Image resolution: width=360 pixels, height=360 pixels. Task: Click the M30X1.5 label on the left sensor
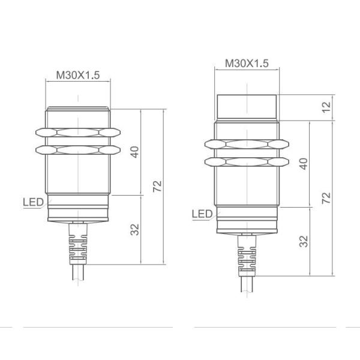tap(77, 75)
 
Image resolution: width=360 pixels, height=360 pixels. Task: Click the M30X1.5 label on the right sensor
tap(246, 62)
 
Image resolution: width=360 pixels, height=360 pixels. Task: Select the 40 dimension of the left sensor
tap(135, 152)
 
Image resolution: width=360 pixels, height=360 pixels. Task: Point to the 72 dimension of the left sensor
tap(157, 186)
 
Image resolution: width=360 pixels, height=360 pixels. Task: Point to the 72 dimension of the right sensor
tap(326, 198)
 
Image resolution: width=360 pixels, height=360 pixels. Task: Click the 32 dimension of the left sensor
tap(135, 229)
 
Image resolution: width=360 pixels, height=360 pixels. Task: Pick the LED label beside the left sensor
tap(34, 202)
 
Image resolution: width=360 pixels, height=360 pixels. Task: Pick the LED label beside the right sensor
tap(202, 214)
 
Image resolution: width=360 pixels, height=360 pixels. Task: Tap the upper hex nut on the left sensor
tap(77, 132)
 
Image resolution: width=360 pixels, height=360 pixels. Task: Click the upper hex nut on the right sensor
tap(246, 145)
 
